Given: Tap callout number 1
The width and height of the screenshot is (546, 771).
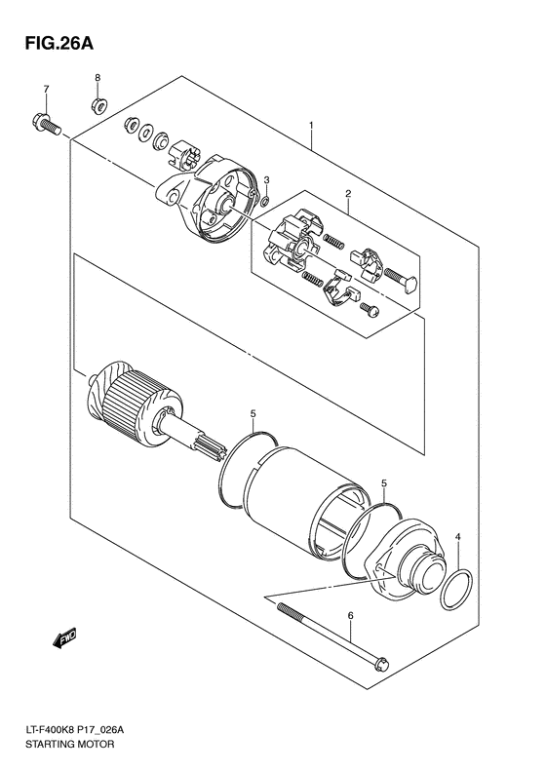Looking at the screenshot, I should (x=310, y=126).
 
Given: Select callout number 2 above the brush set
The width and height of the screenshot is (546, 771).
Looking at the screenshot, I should (x=346, y=195).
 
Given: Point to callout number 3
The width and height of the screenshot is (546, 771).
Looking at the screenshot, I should (x=265, y=180).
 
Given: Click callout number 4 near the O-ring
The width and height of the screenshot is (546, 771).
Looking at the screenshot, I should (x=459, y=537).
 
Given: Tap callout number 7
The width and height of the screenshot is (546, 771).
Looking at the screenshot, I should (x=45, y=90).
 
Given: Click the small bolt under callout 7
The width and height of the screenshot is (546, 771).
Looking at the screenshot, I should (x=44, y=124).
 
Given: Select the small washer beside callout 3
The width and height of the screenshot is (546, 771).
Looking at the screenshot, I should (x=264, y=201).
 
